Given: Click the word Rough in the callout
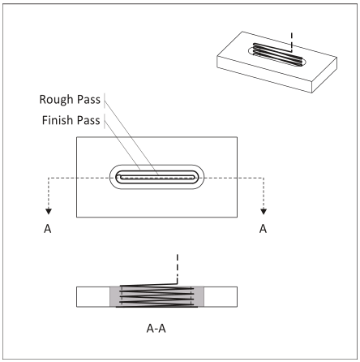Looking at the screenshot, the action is click(x=57, y=99).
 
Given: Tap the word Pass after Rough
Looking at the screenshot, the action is click(x=88, y=99).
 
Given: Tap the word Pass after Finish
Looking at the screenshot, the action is click(x=88, y=120).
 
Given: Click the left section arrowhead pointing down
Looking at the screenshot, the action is click(x=49, y=211).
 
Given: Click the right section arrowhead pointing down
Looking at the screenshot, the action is click(x=264, y=211).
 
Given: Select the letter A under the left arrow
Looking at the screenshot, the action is click(x=48, y=229).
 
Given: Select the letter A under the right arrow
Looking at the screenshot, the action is click(x=263, y=229).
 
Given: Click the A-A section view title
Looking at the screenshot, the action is click(x=156, y=329).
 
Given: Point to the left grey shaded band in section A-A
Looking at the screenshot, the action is click(x=115, y=297).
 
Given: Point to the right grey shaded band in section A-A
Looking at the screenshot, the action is click(x=199, y=297).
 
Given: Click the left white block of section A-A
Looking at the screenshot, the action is click(x=93, y=297).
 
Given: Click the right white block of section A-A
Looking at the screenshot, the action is click(x=221, y=297).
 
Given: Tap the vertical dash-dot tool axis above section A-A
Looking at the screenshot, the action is click(x=178, y=269).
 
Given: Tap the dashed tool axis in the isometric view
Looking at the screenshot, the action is click(x=292, y=42).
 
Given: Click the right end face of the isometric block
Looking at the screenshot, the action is click(x=324, y=75).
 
